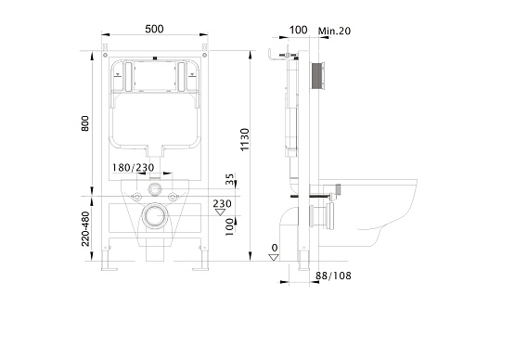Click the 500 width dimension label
coord(154,29)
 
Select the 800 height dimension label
coord(85,123)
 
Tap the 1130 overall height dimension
coord(245,139)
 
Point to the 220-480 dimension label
coord(85,228)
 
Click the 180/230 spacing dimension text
coord(133,168)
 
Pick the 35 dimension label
coord(230,179)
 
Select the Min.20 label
coord(334,31)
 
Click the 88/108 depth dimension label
coord(333,276)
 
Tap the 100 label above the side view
coord(298,30)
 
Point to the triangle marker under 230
coord(220,212)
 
